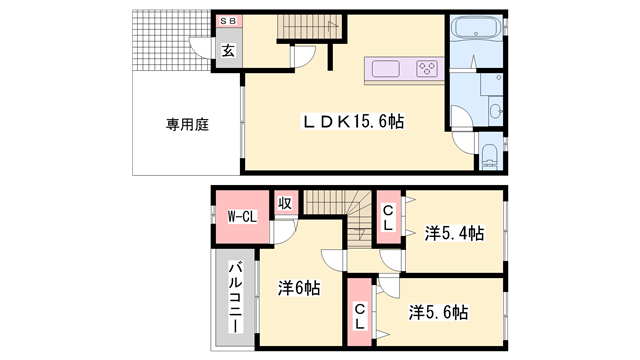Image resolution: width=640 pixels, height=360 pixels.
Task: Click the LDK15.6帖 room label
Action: pos(354,122)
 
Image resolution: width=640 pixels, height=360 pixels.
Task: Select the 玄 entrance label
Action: pos(228,51)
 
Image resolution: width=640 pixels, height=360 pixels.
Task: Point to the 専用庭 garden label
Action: pos(186,125)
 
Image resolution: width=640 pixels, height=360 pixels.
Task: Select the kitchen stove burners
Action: pos(427,69)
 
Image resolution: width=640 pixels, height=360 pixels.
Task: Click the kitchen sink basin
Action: pos(386,69)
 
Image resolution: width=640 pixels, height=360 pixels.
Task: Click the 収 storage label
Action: pos(284,204)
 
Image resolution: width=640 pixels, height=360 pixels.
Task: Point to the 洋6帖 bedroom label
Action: pos(298,287)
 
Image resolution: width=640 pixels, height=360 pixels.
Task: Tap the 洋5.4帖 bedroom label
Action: pos(453,233)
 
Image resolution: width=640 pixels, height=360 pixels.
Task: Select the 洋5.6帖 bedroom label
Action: pos(437,312)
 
